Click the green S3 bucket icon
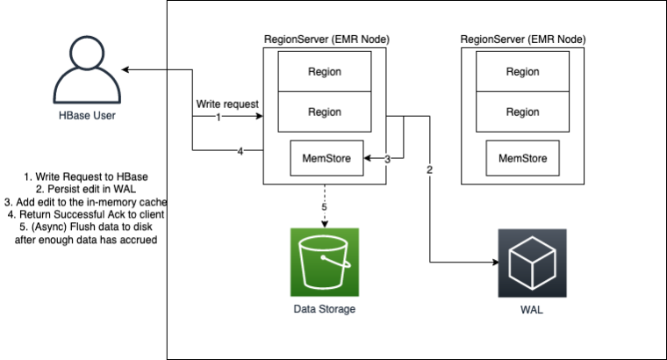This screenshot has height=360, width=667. click(325, 262)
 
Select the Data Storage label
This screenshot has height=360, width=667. click(325, 309)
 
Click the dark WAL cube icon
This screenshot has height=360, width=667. click(532, 263)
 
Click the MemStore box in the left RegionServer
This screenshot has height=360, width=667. click(326, 159)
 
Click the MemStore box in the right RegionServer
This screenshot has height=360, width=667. click(523, 159)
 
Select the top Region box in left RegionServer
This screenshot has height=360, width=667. click(325, 71)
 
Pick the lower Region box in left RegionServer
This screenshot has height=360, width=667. click(325, 112)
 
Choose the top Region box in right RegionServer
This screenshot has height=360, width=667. click(523, 71)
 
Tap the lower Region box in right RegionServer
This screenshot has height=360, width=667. click(523, 112)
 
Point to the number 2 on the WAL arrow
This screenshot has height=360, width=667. click(429, 169)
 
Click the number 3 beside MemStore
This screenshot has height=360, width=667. click(388, 159)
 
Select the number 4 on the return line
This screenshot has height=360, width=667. click(240, 151)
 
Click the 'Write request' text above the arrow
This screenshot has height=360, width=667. click(227, 104)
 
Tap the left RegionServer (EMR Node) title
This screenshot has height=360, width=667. click(326, 40)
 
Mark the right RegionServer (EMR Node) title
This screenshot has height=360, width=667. click(523, 40)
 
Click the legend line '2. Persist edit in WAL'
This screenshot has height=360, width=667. click(84, 189)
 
